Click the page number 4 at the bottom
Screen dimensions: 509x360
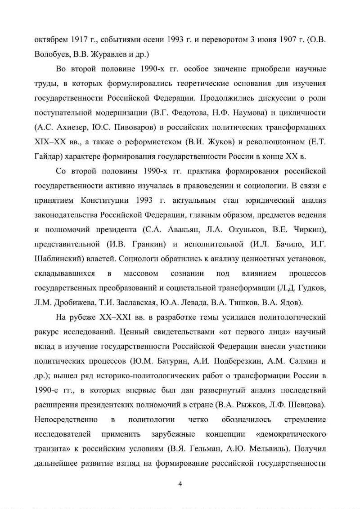pyautogui.click(x=180, y=483)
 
